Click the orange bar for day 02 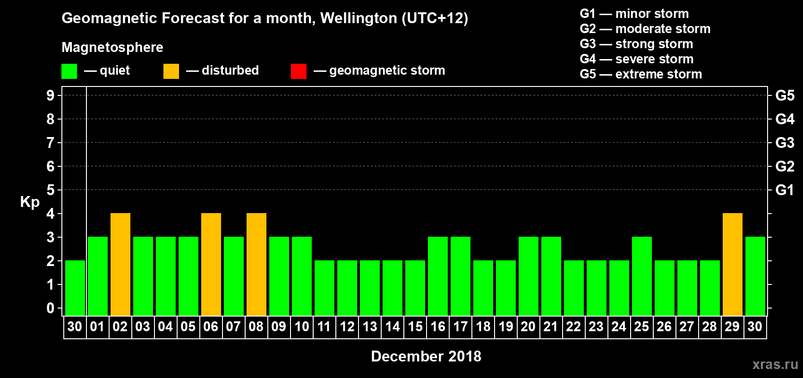(120, 264)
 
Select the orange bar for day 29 (733, 264)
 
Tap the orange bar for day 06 (211, 264)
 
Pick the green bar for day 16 (438, 276)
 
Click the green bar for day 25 (642, 276)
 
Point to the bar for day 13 (370, 288)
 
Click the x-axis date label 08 (256, 326)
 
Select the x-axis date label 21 (551, 326)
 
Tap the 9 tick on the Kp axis (51, 95)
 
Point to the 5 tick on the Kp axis (51, 190)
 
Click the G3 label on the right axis (785, 143)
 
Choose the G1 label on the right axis (785, 190)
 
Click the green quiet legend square (69, 71)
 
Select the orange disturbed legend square (171, 71)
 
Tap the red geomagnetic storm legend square (299, 71)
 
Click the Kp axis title (30, 202)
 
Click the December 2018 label (426, 356)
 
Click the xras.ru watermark (775, 364)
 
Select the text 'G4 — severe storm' (637, 59)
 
